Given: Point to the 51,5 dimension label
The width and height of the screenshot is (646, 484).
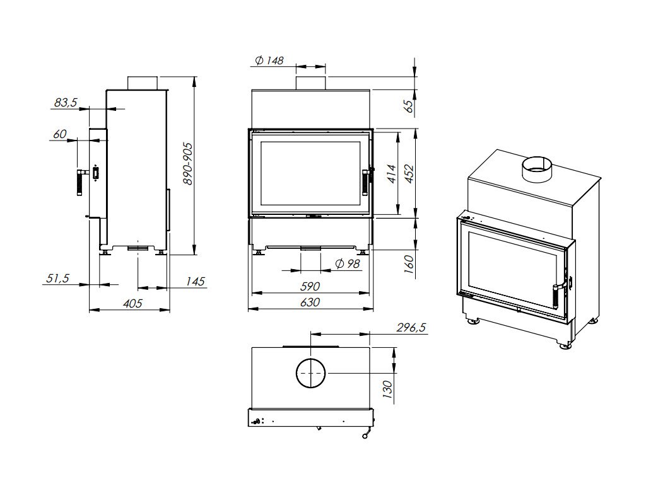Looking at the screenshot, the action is (56, 279).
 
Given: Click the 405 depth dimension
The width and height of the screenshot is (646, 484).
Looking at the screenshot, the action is (132, 304).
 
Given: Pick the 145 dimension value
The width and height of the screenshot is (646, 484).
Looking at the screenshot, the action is (196, 282).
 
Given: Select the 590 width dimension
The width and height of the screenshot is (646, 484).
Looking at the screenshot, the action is (309, 287).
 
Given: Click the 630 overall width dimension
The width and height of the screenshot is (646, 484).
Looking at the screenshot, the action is (309, 302).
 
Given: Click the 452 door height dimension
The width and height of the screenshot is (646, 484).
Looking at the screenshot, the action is (409, 173).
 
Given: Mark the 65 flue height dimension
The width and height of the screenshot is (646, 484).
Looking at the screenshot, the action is (408, 106).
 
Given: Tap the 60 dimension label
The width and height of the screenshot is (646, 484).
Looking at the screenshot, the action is (61, 134).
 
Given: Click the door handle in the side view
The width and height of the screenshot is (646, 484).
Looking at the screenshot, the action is (81, 182).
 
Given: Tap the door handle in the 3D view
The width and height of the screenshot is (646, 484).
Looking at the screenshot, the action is (556, 295).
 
